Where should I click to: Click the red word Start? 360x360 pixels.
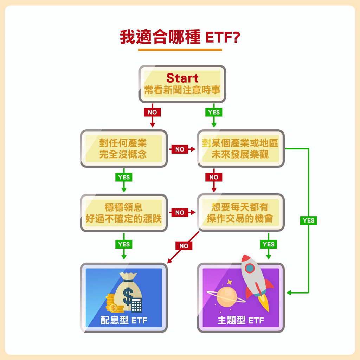tap(182, 78)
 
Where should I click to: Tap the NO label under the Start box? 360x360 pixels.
tap(152, 112)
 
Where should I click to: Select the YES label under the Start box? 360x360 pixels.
tap(214, 112)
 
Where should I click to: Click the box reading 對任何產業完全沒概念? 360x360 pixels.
tap(124, 149)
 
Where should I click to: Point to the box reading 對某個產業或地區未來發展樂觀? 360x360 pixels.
tap(241, 149)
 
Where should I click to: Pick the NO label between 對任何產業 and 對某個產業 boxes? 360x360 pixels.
tap(180, 149)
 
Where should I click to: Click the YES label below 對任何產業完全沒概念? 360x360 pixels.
tap(124, 177)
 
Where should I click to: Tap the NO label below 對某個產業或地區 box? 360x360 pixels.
tap(214, 177)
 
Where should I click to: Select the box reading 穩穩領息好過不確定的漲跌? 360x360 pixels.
tap(124, 213)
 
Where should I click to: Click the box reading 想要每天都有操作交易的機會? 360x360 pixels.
tap(241, 212)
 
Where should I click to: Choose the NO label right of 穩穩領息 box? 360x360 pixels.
tap(180, 213)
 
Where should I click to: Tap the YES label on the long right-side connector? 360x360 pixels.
tap(309, 220)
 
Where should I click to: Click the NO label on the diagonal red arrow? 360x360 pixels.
tap(184, 246)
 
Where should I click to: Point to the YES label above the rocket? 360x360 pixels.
tap(268, 244)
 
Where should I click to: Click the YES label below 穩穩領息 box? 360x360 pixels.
tap(124, 244)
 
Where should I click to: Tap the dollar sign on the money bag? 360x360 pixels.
tap(128, 296)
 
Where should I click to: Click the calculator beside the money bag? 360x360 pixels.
tap(136, 305)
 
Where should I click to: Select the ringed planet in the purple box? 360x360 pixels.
tap(226, 296)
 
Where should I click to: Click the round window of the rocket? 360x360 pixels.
tap(250, 268)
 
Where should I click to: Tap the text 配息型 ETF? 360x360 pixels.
tap(124, 320)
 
